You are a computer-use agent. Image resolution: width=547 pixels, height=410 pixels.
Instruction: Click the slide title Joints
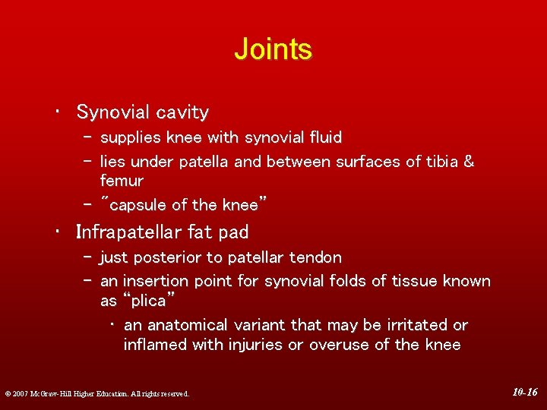click(273, 49)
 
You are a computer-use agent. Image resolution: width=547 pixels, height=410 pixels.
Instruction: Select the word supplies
click(131, 138)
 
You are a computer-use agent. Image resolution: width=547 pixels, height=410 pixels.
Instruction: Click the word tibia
click(439, 162)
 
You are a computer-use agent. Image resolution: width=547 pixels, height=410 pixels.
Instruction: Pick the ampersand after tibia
click(468, 162)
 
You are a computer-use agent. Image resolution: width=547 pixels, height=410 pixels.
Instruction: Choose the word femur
click(122, 181)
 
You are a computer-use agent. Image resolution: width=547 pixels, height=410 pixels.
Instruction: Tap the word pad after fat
click(233, 232)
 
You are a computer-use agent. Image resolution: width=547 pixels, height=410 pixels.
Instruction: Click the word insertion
click(156, 282)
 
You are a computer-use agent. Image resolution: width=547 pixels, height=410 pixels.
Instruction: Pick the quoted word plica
click(149, 301)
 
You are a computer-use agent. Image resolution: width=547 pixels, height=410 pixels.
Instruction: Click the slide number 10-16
click(524, 393)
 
